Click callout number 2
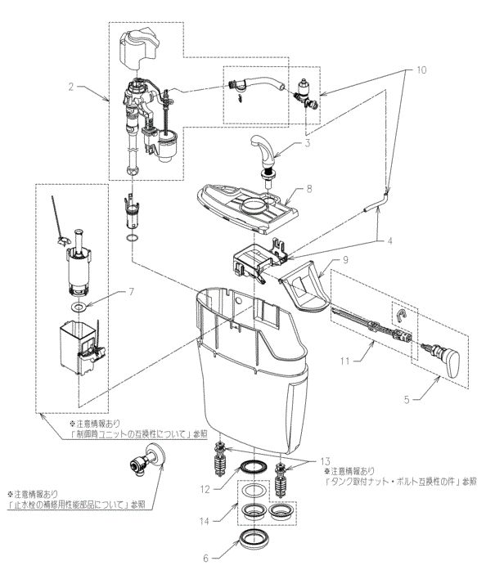(x=71, y=87)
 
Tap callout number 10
(x=421, y=70)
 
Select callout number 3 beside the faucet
(x=308, y=143)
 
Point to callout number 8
(x=308, y=189)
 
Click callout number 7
(x=131, y=292)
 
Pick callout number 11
(x=344, y=361)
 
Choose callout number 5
(x=407, y=400)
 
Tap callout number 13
(x=325, y=462)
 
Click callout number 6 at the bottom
(x=205, y=558)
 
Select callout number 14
(x=204, y=521)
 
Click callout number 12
(x=205, y=490)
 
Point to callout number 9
(x=345, y=259)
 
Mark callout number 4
(x=389, y=241)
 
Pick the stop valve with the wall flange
(x=147, y=459)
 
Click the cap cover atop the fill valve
(x=138, y=47)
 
